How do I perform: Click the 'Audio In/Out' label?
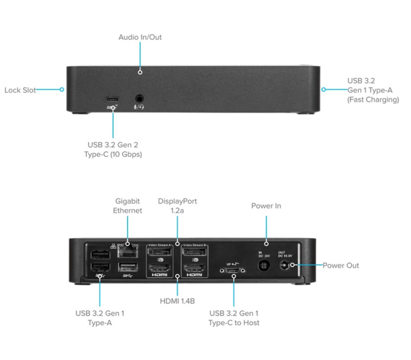point(140,37)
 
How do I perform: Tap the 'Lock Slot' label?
point(20,90)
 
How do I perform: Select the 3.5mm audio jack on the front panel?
point(140,97)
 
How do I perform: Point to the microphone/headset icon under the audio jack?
point(140,107)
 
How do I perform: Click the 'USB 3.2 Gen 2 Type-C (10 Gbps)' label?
point(114,149)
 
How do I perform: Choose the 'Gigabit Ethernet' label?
point(128,206)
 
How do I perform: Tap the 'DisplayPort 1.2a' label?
point(177,206)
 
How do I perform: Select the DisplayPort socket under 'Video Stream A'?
point(160,251)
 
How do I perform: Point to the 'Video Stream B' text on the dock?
point(194,245)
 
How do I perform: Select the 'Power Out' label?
point(340,265)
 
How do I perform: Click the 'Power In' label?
point(266,206)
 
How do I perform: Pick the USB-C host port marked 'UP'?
point(233,271)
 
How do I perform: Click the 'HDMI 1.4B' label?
point(178,301)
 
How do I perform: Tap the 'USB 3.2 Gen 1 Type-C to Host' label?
point(233,318)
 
